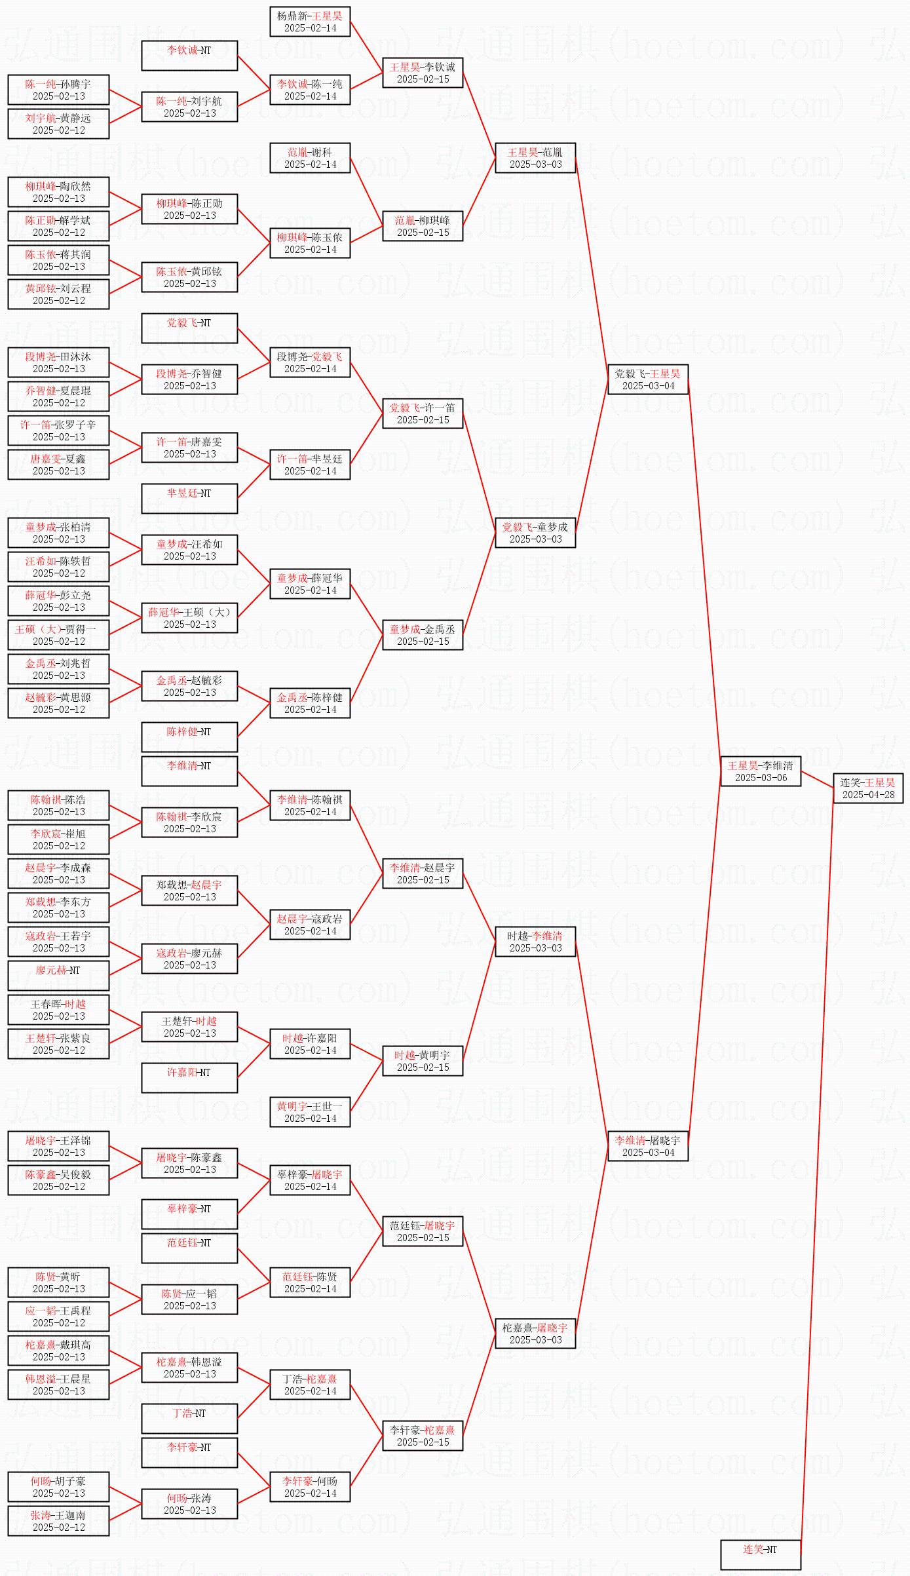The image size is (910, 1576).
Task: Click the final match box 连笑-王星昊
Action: (x=867, y=788)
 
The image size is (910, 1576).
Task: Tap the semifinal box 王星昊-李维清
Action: (x=760, y=771)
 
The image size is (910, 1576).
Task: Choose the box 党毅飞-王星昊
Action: (x=647, y=379)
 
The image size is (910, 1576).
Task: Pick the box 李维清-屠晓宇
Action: (x=647, y=1146)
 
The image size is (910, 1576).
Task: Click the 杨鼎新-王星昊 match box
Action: (x=310, y=22)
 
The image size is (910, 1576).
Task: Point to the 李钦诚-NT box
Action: (x=189, y=56)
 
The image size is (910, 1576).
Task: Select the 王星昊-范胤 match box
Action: (x=535, y=158)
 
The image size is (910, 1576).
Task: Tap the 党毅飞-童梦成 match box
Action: (x=535, y=533)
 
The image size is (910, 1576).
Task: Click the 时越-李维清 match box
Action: (x=535, y=942)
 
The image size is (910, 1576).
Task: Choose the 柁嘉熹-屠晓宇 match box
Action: (x=535, y=1334)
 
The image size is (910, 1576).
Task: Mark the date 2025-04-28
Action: (x=868, y=795)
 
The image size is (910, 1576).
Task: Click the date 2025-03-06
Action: (x=761, y=778)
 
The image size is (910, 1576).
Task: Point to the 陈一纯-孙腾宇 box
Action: (x=58, y=90)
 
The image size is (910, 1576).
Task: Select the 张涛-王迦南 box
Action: (x=58, y=1521)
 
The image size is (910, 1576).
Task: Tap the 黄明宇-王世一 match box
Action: (x=310, y=1112)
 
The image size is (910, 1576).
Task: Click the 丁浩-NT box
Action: (x=189, y=1419)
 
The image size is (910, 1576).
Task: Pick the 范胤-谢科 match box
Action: (x=310, y=158)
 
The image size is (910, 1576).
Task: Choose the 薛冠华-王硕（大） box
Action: (x=189, y=618)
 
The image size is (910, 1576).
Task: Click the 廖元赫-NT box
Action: (x=58, y=976)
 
